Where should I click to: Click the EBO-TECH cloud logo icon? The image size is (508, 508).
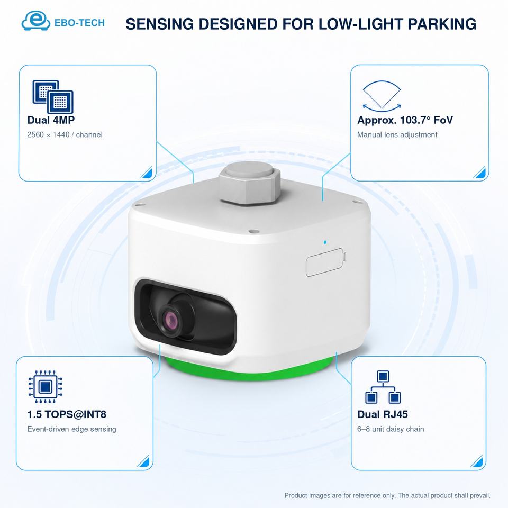click(x=35, y=21)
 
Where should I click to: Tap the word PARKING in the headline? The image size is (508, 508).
click(x=442, y=24)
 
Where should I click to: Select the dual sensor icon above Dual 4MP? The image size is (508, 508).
click(x=53, y=96)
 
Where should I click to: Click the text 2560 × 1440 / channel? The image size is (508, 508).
click(x=65, y=135)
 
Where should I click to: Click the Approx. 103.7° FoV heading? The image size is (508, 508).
click(x=405, y=120)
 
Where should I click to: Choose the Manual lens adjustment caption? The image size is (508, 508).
click(x=397, y=135)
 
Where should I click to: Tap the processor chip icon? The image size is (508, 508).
click(x=45, y=386)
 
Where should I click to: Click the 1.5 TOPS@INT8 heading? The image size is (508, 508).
click(x=67, y=414)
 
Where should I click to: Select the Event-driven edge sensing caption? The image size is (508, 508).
click(x=71, y=429)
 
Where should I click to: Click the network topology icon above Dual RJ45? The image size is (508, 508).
click(x=383, y=387)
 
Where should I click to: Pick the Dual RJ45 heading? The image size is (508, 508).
click(x=383, y=414)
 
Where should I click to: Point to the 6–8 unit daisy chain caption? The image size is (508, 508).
click(x=391, y=429)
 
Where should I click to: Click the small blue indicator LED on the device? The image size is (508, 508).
click(x=325, y=242)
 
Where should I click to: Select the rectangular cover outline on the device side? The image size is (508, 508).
click(x=325, y=262)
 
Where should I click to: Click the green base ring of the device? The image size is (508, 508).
click(x=249, y=371)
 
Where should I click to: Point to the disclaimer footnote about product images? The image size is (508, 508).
click(x=387, y=495)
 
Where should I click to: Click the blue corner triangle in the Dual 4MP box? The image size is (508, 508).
click(x=147, y=173)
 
